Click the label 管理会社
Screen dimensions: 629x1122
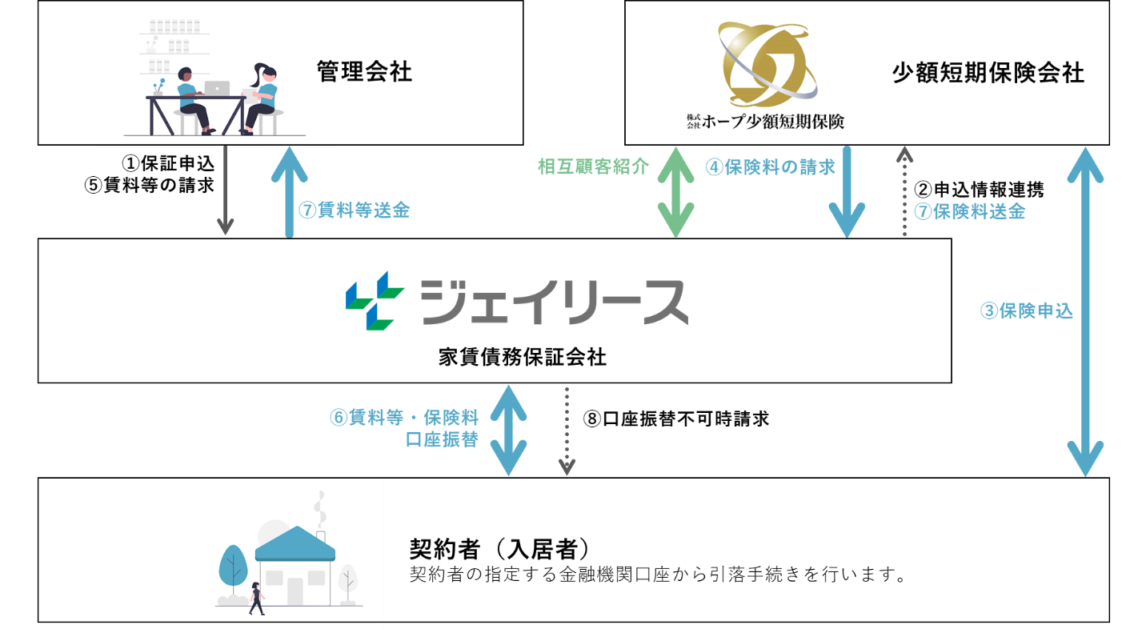click(x=364, y=73)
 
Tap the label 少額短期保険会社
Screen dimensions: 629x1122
click(x=988, y=74)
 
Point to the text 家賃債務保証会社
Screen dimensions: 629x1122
click(x=522, y=357)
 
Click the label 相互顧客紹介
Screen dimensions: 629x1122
click(x=593, y=166)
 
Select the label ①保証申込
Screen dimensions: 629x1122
click(x=170, y=164)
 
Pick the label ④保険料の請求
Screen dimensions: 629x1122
click(x=770, y=166)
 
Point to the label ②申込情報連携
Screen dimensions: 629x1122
click(x=979, y=190)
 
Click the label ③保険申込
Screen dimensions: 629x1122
click(x=1026, y=311)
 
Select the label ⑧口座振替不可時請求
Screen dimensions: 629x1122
click(x=675, y=418)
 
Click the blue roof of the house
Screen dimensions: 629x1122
click(x=295, y=544)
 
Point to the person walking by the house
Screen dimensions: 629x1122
click(x=257, y=597)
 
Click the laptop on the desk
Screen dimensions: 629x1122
click(x=217, y=88)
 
